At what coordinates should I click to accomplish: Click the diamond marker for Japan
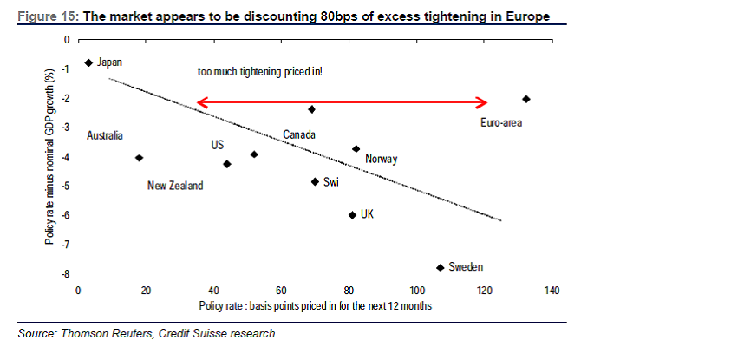88,62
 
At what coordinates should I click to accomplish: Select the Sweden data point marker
440,267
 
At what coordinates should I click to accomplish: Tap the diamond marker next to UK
351,214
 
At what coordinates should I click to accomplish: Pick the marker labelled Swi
315,181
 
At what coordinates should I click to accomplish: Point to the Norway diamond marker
356,149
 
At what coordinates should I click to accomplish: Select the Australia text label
105,135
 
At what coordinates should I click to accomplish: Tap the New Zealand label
174,186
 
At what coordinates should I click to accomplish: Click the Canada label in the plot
298,135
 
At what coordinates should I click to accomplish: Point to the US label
218,145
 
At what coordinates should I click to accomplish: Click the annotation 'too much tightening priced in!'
260,72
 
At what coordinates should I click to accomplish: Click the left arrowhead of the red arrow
201,102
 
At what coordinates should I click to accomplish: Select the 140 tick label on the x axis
552,290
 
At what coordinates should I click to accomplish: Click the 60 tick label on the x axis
281,290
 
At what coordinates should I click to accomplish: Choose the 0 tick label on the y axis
67,40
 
